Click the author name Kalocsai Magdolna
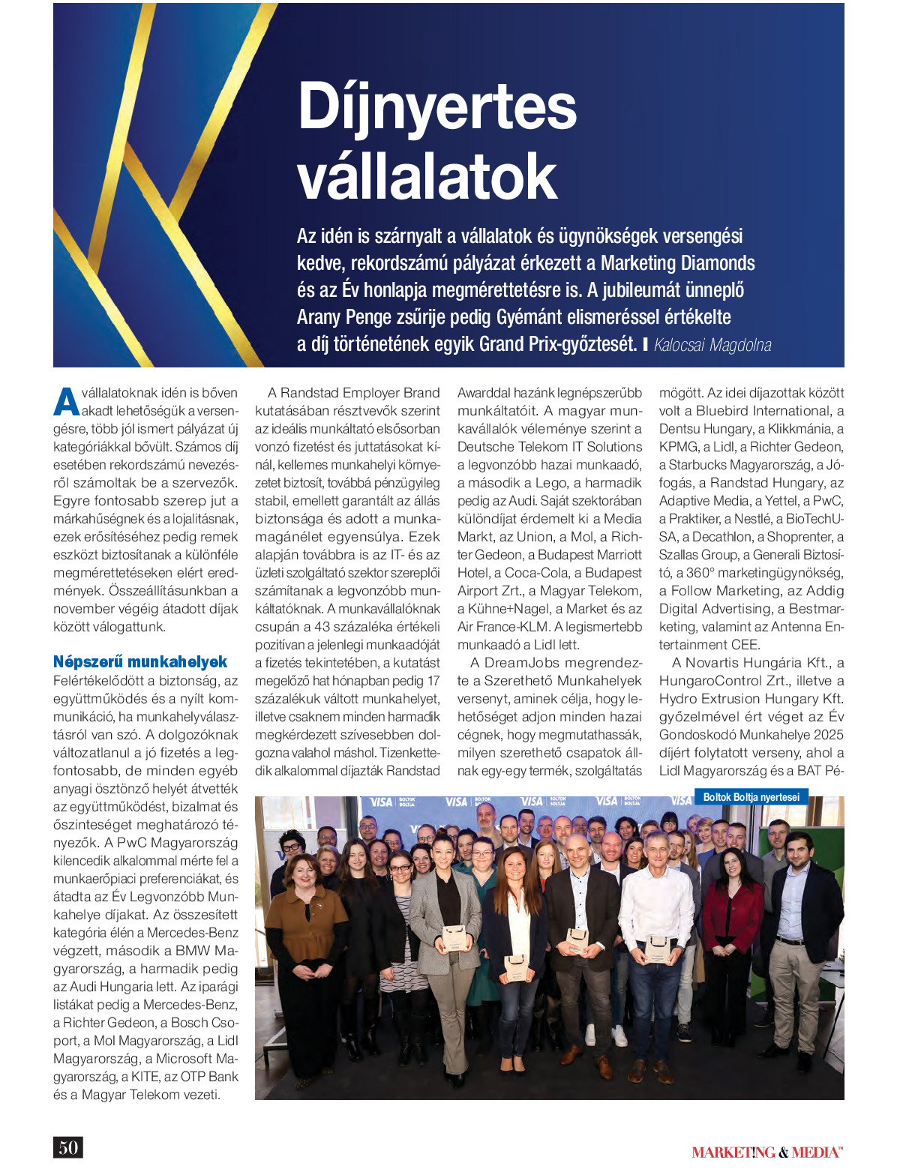tap(712, 345)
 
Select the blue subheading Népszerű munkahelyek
tap(140, 662)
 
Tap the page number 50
tap(67, 1147)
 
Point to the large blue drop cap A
tap(66, 401)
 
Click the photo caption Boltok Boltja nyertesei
tap(751, 797)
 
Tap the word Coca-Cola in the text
tap(536, 573)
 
